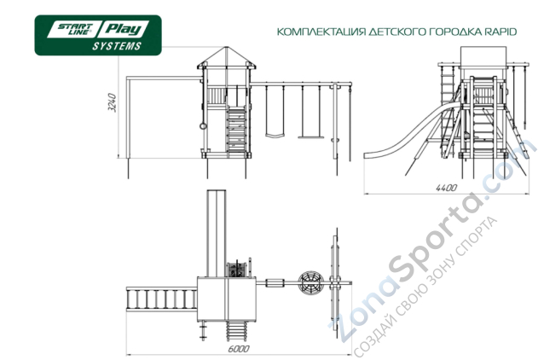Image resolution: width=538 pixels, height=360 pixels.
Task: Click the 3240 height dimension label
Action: point(113,102)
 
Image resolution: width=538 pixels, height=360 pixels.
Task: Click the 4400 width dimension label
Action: point(446,188)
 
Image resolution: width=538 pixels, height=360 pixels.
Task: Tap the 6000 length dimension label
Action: point(239,349)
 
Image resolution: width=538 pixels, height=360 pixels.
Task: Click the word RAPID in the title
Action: point(500,32)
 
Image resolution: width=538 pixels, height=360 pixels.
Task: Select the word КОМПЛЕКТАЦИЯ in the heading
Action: point(321,32)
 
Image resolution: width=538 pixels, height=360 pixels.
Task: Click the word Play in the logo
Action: point(124,29)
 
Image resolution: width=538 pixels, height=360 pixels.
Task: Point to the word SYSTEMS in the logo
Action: point(117,46)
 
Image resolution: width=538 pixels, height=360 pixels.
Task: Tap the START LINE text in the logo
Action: point(75,29)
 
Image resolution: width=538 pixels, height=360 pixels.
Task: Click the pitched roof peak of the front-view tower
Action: point(226,48)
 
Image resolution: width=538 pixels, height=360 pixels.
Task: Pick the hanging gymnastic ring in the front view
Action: point(203,126)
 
